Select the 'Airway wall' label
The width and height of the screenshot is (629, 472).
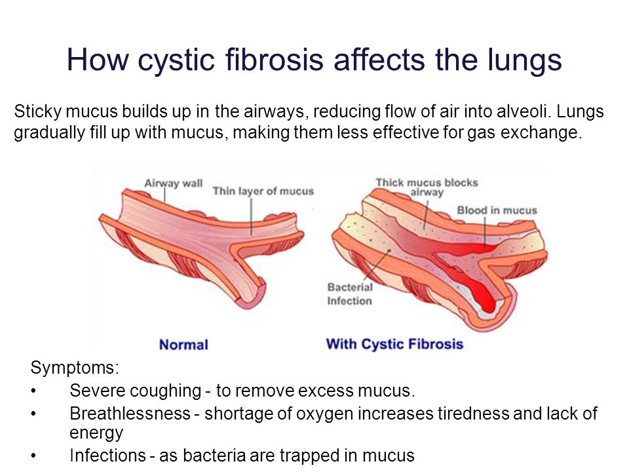(x=173, y=184)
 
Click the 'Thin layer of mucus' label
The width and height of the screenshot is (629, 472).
(x=263, y=191)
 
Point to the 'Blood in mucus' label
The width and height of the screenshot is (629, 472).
(x=497, y=210)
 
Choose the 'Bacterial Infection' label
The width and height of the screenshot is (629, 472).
(x=350, y=294)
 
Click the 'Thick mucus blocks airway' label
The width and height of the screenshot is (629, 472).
(x=427, y=187)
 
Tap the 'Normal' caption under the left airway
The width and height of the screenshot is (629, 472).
(x=183, y=345)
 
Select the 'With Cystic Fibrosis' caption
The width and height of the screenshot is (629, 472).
(x=394, y=344)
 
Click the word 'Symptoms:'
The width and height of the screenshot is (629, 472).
(x=75, y=367)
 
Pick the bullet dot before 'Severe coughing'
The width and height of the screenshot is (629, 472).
(x=33, y=391)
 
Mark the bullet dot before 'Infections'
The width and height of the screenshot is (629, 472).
(x=33, y=456)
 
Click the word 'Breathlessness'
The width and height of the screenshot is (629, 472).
(x=130, y=414)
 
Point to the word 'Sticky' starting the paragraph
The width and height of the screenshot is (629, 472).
(x=38, y=112)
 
